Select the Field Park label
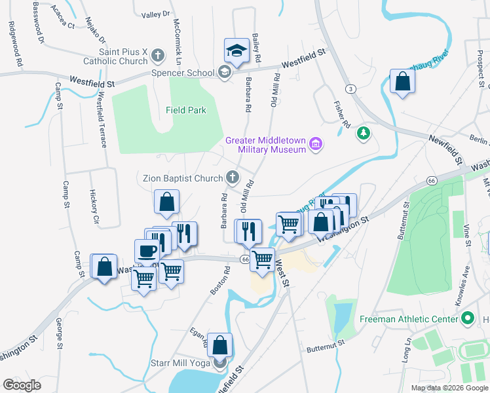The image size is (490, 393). (185, 110)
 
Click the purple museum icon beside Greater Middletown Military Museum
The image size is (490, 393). (316, 144)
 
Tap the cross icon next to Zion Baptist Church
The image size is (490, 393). (232, 176)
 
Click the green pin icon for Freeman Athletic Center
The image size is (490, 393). (468, 319)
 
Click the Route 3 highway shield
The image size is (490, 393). (352, 88)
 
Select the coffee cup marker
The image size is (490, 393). (147, 250)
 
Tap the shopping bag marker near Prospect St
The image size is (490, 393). (402, 83)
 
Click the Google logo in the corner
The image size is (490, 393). (22, 385)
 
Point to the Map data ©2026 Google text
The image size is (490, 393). (449, 388)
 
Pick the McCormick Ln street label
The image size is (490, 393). (176, 36)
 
